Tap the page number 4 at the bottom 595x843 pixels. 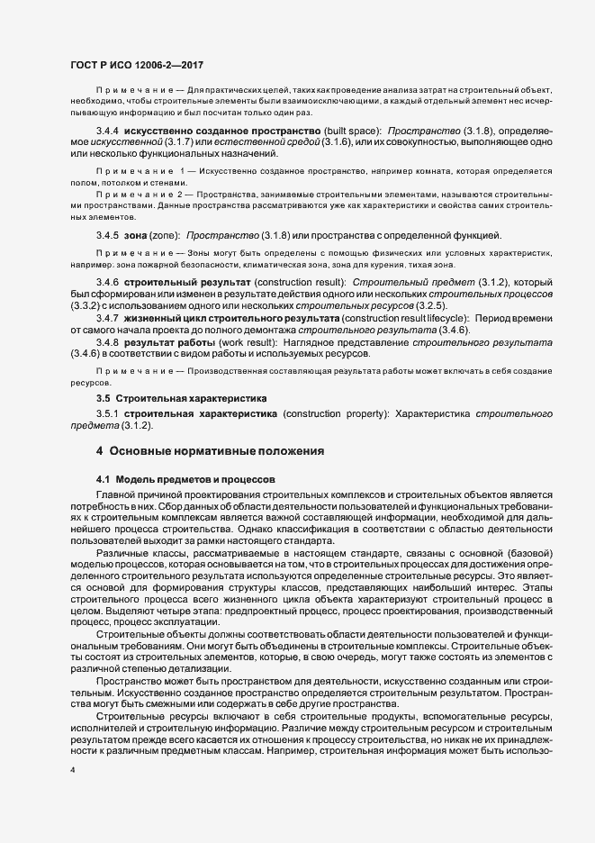coord(72,772)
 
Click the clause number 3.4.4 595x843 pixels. coord(107,131)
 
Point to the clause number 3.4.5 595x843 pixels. coord(107,235)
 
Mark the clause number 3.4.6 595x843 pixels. coord(107,283)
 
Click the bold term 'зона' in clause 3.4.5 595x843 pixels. coord(137,235)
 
